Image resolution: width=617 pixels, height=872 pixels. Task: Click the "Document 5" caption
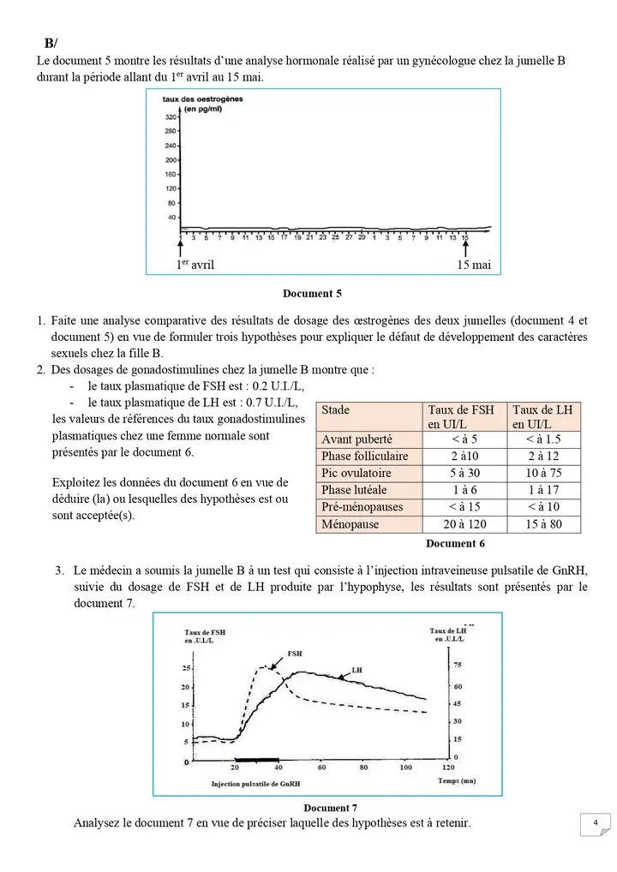click(312, 294)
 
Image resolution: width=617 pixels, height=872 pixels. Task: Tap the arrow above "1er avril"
click(181, 248)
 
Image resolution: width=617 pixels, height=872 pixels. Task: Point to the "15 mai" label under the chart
click(474, 266)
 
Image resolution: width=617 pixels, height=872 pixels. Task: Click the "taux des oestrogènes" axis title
click(202, 99)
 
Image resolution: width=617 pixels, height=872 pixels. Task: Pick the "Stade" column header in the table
click(336, 410)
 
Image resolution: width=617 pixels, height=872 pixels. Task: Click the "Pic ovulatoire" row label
click(356, 473)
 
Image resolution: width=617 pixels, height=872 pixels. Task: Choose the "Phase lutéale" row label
click(354, 490)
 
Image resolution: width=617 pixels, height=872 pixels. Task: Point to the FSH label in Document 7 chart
click(283, 653)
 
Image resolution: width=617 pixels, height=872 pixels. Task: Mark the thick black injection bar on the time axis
click(258, 760)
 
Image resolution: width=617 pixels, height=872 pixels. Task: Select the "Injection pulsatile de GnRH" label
click(256, 784)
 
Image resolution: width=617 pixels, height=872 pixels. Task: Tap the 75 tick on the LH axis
click(457, 665)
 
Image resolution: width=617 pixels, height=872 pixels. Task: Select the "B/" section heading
click(51, 44)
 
